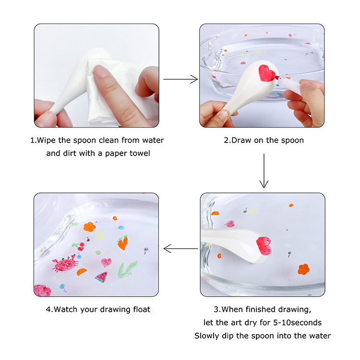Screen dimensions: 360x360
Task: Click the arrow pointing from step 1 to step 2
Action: click(180, 79)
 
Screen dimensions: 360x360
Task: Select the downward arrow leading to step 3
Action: click(264, 171)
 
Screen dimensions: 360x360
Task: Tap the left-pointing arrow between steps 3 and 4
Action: click(180, 249)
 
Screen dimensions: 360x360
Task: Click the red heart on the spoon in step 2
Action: click(266, 73)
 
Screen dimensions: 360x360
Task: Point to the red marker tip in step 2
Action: click(277, 78)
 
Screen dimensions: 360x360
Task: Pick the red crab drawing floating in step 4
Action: click(64, 263)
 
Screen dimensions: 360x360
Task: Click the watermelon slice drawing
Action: click(101, 277)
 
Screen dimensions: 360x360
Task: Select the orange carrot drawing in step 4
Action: click(122, 243)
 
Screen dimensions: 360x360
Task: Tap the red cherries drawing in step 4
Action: click(79, 246)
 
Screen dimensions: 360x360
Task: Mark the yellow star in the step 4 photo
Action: click(100, 235)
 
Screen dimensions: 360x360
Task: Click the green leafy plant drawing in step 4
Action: click(127, 270)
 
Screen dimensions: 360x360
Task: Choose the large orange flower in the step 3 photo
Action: click(303, 269)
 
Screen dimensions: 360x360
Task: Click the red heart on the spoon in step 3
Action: click(264, 245)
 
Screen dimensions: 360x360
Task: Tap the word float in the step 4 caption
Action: click(142, 309)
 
